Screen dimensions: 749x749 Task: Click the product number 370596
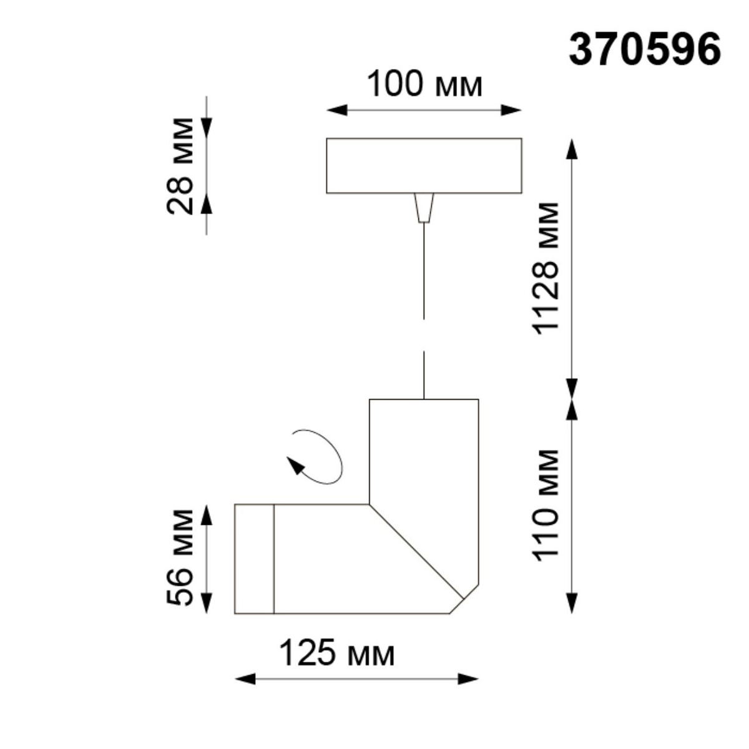click(x=645, y=49)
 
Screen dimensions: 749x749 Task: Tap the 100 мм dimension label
click(x=424, y=84)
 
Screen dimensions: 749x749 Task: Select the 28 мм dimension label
click(x=180, y=165)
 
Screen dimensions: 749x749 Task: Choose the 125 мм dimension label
click(x=336, y=654)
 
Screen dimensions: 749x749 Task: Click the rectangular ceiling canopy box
click(x=424, y=165)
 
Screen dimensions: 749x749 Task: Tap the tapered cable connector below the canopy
click(x=424, y=207)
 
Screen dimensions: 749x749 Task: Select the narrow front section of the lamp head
click(x=254, y=558)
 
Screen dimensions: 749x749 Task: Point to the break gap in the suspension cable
click(x=424, y=335)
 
